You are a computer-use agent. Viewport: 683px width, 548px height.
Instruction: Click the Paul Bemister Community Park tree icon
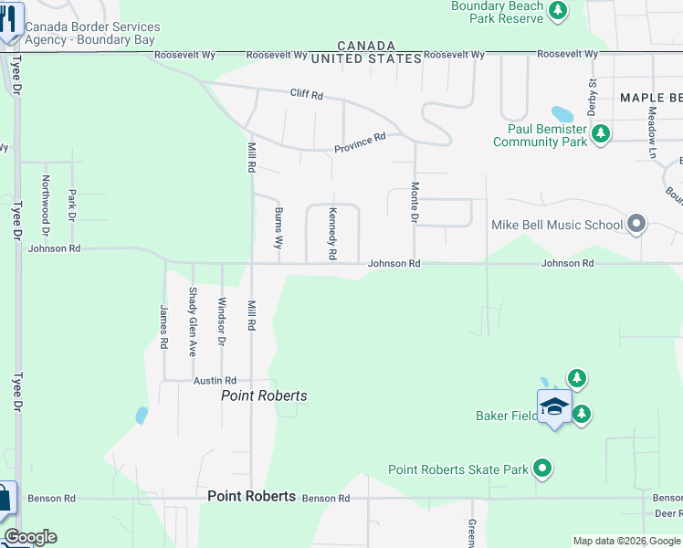[x=600, y=135]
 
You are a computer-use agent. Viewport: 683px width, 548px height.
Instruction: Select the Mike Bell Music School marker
[x=636, y=224]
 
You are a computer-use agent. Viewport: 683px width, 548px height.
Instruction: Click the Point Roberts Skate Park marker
[x=543, y=469]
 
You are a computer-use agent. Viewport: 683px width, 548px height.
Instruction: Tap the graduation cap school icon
[x=554, y=407]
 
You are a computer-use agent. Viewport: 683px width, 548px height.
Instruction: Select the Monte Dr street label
[x=415, y=203]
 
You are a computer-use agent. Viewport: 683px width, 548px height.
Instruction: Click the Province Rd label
[x=360, y=142]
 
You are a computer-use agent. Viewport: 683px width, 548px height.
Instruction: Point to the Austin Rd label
[x=215, y=380]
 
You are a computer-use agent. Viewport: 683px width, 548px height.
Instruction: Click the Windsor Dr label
[x=222, y=321]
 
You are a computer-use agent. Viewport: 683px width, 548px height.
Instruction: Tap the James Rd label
[x=164, y=327]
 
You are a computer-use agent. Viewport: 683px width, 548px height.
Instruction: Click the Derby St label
[x=593, y=95]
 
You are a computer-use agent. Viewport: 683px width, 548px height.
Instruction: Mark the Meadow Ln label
[x=652, y=134]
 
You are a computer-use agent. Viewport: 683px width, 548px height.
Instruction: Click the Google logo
[x=30, y=537]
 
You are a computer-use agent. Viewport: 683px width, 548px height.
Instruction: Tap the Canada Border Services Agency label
[x=92, y=34]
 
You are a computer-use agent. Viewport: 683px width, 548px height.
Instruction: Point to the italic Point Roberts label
[x=265, y=395]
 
